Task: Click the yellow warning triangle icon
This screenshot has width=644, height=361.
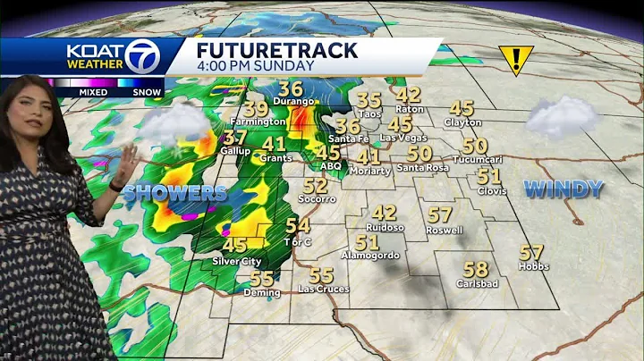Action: pyautogui.click(x=516, y=60)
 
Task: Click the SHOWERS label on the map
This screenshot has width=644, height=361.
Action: pyautogui.click(x=175, y=193)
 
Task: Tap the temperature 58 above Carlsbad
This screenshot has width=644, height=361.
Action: pyautogui.click(x=476, y=269)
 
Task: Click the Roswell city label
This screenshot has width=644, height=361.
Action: pyautogui.click(x=445, y=231)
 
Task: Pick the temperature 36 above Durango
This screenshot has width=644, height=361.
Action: pyautogui.click(x=291, y=88)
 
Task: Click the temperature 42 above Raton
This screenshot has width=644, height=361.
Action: pyautogui.click(x=408, y=95)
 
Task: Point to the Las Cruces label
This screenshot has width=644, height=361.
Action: pyautogui.click(x=323, y=290)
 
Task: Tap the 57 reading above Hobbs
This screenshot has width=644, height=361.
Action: pyautogui.click(x=532, y=253)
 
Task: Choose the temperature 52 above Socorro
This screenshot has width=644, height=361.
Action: pyautogui.click(x=315, y=186)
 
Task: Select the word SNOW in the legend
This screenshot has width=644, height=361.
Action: pyautogui.click(x=147, y=91)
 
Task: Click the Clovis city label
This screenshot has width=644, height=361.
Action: pyautogui.click(x=488, y=190)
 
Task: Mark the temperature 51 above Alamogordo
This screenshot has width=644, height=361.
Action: pyautogui.click(x=368, y=242)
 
